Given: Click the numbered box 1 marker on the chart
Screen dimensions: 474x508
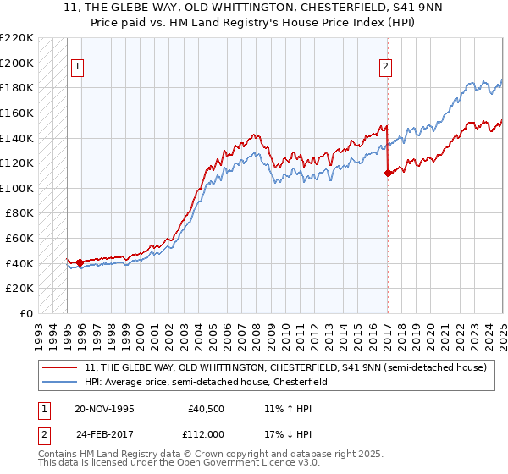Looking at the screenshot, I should [x=77, y=69].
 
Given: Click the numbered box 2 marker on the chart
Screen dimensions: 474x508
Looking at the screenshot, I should [x=386, y=69].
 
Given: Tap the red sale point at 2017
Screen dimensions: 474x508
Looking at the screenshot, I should [x=388, y=173].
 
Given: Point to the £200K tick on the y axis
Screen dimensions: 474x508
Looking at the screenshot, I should [x=17, y=63].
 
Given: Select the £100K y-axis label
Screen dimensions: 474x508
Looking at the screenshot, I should [x=17, y=188].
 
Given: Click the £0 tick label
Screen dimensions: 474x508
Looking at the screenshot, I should [x=26, y=313].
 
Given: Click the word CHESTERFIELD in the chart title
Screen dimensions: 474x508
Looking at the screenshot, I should [x=349, y=10].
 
